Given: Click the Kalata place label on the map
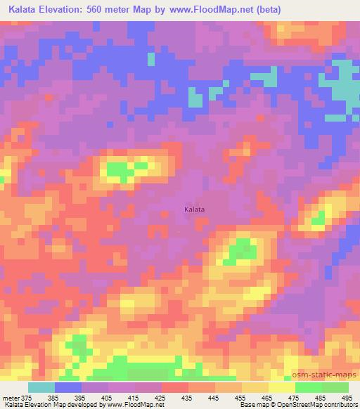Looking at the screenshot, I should pos(194,209).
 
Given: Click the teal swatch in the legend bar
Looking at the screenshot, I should pos(41,387).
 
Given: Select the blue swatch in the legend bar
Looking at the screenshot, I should pos(67,387).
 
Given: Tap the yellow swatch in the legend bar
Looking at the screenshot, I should pos(281,387).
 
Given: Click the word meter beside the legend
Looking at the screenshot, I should pos(11,398).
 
